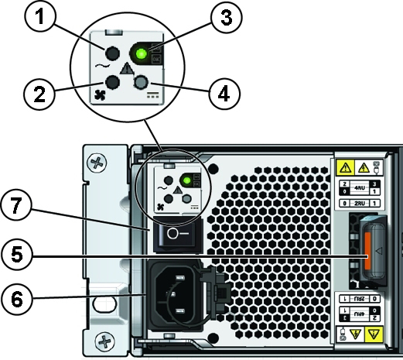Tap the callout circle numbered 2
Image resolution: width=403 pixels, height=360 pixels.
[x=37, y=94]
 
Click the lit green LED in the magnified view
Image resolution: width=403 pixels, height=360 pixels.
[x=141, y=54]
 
